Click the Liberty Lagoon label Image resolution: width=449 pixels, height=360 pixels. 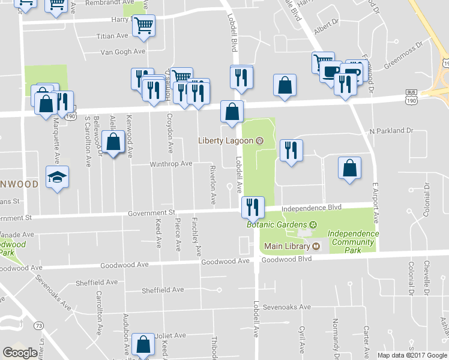point(226,141)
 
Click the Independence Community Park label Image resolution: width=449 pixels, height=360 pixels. point(354,242)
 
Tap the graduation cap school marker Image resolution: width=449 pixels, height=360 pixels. point(58,177)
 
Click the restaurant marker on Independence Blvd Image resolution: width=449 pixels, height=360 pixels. point(252,207)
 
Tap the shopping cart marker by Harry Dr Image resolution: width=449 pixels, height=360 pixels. point(143,25)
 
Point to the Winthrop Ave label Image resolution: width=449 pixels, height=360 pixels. point(170,163)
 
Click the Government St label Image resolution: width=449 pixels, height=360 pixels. point(151,212)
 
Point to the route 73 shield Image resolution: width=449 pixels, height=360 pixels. point(38,325)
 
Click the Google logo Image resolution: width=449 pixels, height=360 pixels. point(19,353)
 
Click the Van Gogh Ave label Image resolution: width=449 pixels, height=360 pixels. point(123,52)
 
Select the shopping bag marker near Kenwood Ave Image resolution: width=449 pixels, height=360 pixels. point(113,142)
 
